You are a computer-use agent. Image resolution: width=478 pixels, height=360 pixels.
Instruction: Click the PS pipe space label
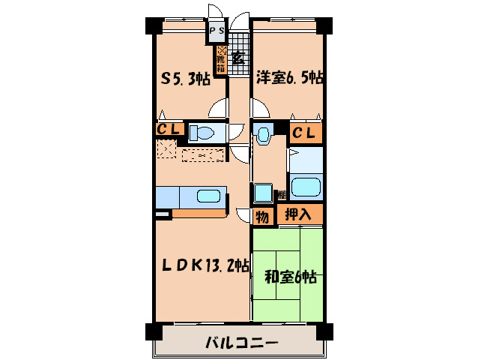click(x=217, y=31)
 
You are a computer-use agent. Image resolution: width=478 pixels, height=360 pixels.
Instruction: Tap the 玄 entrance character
click(x=237, y=57)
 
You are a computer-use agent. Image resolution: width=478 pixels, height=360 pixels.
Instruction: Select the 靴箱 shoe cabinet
click(x=221, y=59)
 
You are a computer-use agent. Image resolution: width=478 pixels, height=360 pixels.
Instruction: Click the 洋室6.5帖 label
click(x=289, y=77)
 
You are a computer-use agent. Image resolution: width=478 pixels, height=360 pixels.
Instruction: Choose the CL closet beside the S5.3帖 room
click(x=169, y=130)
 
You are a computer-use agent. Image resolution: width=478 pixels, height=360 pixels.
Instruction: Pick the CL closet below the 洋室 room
click(x=306, y=133)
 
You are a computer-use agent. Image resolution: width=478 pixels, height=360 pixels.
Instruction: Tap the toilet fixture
click(x=202, y=133)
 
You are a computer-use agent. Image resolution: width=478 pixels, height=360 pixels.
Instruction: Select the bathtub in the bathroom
click(x=306, y=187)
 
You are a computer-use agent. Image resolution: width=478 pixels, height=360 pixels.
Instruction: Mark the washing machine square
click(x=263, y=192)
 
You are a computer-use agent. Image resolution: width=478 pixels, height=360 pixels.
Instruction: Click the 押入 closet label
click(x=300, y=214)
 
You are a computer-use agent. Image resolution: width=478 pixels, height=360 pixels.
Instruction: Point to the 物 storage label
click(x=262, y=217)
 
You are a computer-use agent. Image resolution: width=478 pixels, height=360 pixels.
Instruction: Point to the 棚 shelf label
click(x=281, y=194)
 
